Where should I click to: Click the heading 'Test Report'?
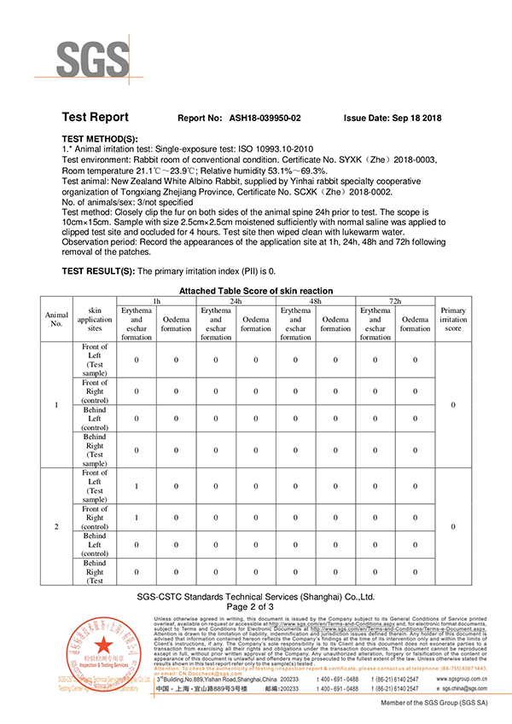pos(97,118)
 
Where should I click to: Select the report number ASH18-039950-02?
pos(265,119)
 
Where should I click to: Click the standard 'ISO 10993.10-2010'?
pos(265,148)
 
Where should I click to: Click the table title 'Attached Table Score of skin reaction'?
pos(256,291)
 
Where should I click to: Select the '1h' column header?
pos(156,301)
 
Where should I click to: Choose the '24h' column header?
pos(236,301)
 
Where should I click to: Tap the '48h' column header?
pos(315,301)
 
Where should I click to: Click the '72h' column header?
pos(394,301)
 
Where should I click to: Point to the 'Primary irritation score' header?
pos(453,319)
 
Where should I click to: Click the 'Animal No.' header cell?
pos(56,319)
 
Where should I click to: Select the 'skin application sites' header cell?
pos(95,319)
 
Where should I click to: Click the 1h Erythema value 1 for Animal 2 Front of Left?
pos(136,486)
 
